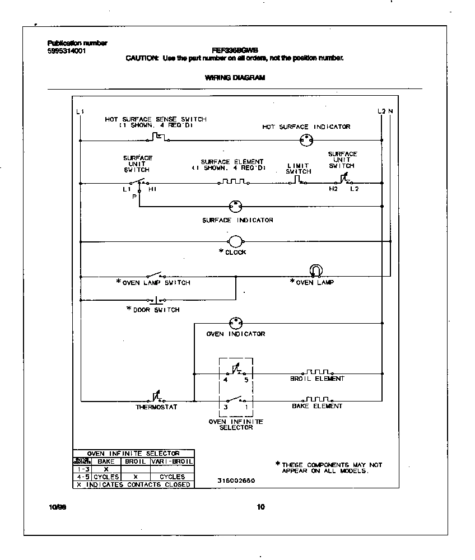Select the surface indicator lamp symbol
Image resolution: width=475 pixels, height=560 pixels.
tap(235, 207)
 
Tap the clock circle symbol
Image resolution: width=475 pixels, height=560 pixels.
tap(235, 241)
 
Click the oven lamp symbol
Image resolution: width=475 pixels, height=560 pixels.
tap(315, 270)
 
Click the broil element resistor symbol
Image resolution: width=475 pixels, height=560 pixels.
tap(318, 372)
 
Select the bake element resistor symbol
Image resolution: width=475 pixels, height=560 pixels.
tap(318, 400)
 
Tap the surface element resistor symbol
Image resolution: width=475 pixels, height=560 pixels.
tap(233, 182)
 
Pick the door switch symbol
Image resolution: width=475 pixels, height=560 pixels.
tap(156, 300)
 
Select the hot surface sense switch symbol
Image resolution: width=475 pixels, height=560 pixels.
tap(156, 138)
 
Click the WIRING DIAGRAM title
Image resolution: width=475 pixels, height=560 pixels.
tap(235, 78)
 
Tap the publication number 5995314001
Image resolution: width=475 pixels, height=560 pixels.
tap(67, 50)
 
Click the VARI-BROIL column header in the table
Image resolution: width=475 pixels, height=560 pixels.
tap(172, 461)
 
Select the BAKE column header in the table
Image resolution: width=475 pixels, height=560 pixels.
tap(106, 461)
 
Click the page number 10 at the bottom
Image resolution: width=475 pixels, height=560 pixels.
tap(260, 507)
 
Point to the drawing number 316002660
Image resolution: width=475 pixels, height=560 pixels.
tap(236, 480)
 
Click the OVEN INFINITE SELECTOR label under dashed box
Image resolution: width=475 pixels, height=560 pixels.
tap(235, 424)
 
